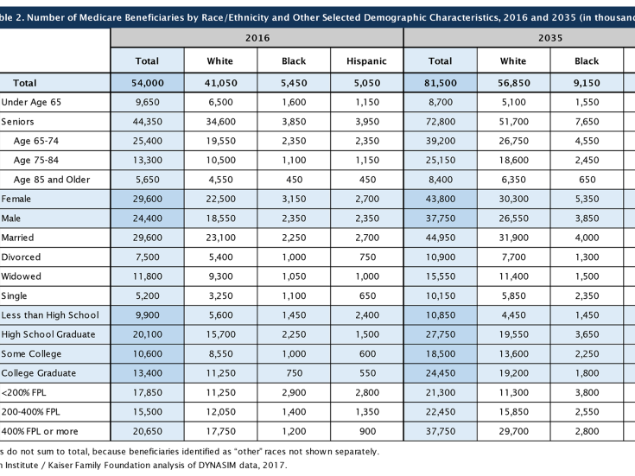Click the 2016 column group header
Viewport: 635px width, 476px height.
pos(257,38)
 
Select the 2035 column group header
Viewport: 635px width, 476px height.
pos(550,38)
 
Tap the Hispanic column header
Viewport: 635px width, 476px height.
pos(366,61)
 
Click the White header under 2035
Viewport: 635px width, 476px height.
pos(513,61)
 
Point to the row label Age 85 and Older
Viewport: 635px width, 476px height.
pos(52,180)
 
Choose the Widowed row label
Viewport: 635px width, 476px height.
pos(21,276)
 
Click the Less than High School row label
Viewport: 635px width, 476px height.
pos(50,315)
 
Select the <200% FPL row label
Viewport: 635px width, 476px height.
pos(23,392)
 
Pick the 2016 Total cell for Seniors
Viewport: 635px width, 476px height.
pos(148,122)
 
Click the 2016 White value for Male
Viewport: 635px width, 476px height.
pos(220,219)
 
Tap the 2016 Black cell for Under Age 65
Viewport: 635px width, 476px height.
pos(294,102)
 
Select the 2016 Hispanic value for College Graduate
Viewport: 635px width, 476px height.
pos(367,373)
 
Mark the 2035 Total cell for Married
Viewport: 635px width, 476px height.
pos(441,238)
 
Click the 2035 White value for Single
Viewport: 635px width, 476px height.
pos(514,295)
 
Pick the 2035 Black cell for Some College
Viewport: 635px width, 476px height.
pos(587,353)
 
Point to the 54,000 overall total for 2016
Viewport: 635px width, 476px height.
pos(148,83)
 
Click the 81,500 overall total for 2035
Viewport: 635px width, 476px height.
pos(441,83)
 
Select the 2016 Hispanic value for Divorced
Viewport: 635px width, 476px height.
pos(367,257)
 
